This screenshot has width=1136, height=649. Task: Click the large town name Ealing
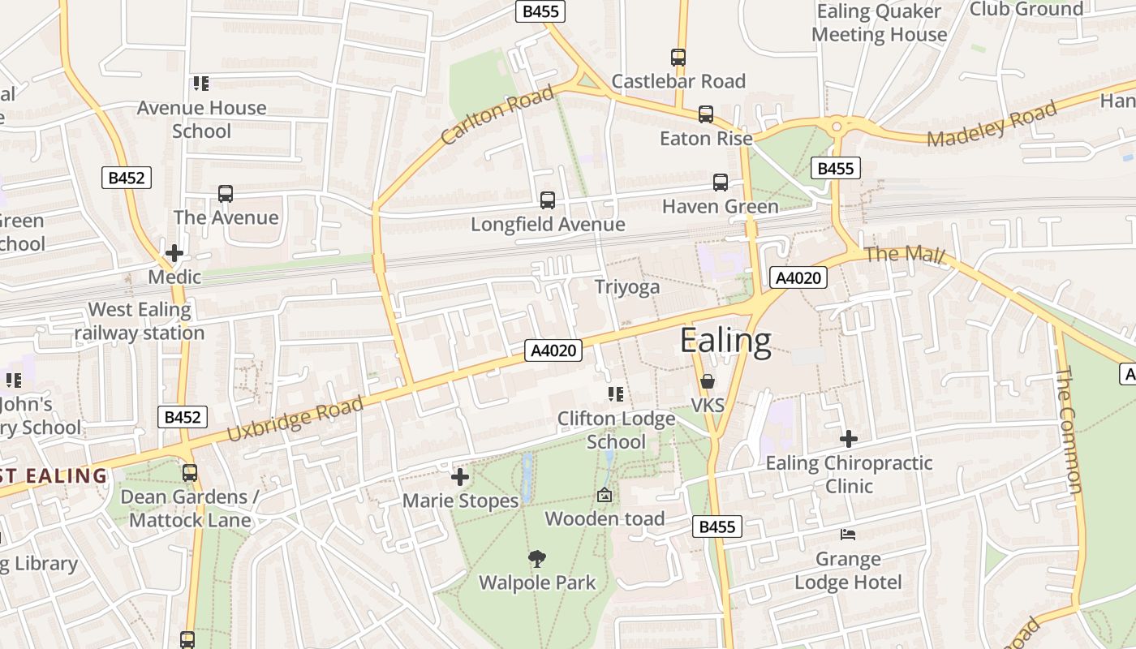725,341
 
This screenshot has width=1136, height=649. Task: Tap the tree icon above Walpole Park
536,558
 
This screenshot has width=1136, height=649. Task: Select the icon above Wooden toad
605,495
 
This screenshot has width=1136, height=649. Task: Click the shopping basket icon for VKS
708,381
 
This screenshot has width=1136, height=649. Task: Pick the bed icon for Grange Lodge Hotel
848,535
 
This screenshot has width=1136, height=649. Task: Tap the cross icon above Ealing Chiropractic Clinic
849,439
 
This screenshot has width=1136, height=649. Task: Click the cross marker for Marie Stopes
460,477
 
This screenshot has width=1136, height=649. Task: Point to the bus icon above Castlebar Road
678,57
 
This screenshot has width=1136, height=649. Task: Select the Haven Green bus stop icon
720,183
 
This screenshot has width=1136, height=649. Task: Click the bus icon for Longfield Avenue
548,200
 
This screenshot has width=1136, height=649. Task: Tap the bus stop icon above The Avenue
226,194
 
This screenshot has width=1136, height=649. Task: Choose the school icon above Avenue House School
201,84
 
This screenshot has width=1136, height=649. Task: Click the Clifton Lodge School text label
616,431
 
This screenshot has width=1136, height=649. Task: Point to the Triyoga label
627,287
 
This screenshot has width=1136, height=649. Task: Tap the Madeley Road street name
992,124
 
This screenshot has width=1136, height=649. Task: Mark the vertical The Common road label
1069,429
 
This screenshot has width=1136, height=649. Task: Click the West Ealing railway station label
140,321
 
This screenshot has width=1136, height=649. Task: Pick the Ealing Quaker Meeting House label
879,23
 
